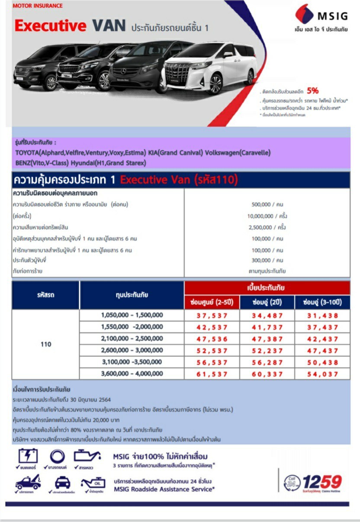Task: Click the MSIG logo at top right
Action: click(x=321, y=16)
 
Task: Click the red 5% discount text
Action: click(x=312, y=90)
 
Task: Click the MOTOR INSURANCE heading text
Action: click(x=38, y=6)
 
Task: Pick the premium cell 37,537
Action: click(x=212, y=316)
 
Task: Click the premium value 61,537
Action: click(x=212, y=374)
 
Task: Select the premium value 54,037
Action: click(x=322, y=374)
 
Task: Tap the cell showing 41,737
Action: click(x=267, y=327)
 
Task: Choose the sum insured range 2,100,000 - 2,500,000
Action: click(x=132, y=339)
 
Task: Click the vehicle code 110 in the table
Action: click(x=46, y=345)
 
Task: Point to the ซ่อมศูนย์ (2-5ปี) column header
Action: click(x=212, y=302)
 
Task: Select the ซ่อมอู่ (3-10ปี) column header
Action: click(x=322, y=302)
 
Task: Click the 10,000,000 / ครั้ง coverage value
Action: click(x=267, y=216)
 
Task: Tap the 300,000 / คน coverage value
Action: click(x=267, y=260)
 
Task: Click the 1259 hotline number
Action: click(x=322, y=481)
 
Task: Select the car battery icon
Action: click(x=28, y=456)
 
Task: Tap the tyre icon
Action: click(x=57, y=456)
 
